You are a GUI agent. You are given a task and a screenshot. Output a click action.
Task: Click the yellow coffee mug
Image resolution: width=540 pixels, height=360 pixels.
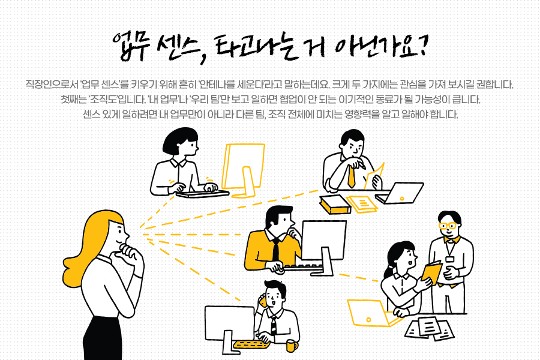[292, 346]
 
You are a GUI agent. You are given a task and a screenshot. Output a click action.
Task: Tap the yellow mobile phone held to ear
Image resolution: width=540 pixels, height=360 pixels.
[263, 301]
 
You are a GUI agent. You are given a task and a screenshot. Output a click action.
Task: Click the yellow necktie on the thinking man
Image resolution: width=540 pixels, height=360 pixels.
[351, 176]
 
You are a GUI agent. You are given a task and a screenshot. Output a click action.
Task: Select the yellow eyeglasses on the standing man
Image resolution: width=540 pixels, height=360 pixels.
[447, 226]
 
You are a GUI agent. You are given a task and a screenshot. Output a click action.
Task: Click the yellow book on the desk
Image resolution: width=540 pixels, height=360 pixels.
[335, 204]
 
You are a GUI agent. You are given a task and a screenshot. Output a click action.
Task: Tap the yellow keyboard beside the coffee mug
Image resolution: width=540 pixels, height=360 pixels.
[251, 344]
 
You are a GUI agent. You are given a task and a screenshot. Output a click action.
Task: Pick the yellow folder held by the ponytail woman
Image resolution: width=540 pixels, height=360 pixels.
[431, 273]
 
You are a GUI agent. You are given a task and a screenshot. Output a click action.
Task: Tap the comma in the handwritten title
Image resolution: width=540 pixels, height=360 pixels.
[203, 58]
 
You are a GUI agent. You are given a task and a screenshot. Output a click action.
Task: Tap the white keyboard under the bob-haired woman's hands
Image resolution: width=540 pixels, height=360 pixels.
[203, 194]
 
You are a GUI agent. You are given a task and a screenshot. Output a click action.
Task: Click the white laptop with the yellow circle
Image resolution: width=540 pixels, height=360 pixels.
[400, 194]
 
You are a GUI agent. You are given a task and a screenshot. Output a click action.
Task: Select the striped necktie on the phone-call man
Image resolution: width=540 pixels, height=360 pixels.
[274, 326]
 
